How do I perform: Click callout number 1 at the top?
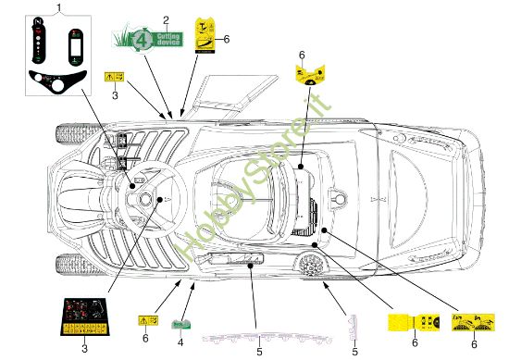[x=58, y=7]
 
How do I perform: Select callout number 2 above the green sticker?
[x=166, y=19]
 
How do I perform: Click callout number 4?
[x=180, y=341]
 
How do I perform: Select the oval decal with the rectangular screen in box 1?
[x=73, y=43]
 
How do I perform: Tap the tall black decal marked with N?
[x=39, y=42]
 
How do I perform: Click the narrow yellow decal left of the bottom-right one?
[x=413, y=324]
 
